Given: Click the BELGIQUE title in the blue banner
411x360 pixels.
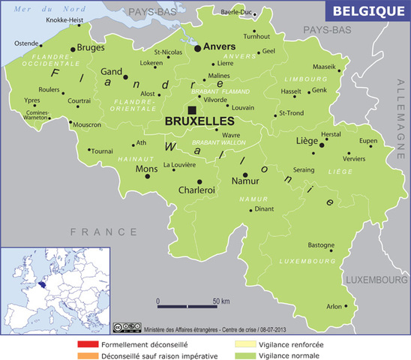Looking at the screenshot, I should click(368, 11).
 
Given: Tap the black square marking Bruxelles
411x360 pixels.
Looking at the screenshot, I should click(193, 110).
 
